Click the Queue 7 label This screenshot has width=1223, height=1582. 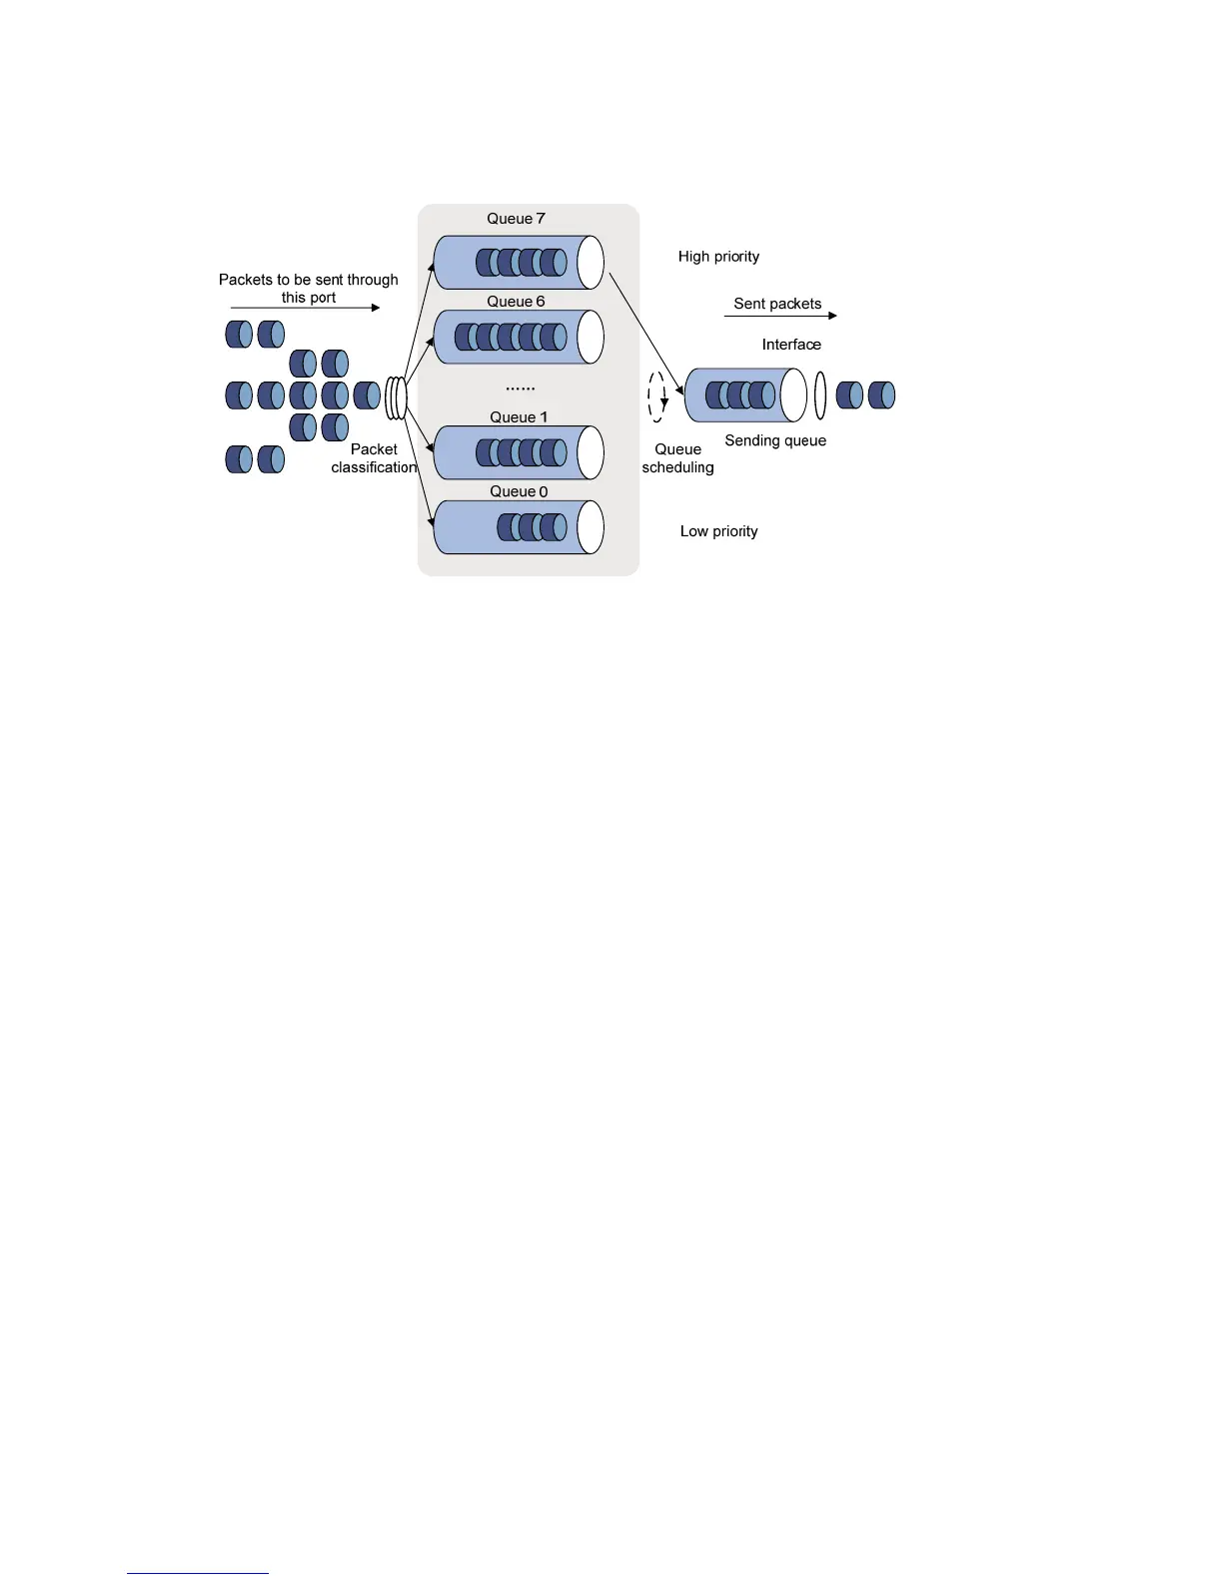pyautogui.click(x=516, y=219)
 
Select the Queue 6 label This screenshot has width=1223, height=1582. pyautogui.click(x=516, y=302)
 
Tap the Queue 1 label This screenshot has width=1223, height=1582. pyautogui.click(x=519, y=417)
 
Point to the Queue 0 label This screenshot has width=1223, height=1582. pyautogui.click(x=519, y=491)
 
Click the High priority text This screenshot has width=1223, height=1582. pyautogui.click(x=718, y=257)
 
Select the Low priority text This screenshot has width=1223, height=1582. pyautogui.click(x=718, y=531)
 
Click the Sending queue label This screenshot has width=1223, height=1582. pyautogui.click(x=775, y=440)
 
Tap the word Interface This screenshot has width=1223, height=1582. pyautogui.click(x=791, y=345)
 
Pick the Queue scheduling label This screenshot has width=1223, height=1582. pyautogui.click(x=677, y=458)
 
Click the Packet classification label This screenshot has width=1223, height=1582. pyautogui.click(x=374, y=458)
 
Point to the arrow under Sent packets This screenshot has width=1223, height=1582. pyautogui.click(x=780, y=316)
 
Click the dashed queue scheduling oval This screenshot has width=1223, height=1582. pyautogui.click(x=656, y=396)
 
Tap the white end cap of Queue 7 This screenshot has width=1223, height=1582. pyautogui.click(x=591, y=262)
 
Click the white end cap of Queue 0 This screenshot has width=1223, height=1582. pyautogui.click(x=591, y=526)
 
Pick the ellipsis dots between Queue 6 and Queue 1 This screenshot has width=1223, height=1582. pyautogui.click(x=520, y=388)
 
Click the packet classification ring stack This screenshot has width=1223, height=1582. pyautogui.click(x=397, y=397)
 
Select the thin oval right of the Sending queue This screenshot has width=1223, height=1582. pyautogui.click(x=820, y=395)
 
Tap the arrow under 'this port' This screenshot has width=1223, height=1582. pyautogui.click(x=305, y=308)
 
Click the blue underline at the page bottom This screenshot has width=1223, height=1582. pyautogui.click(x=198, y=1573)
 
